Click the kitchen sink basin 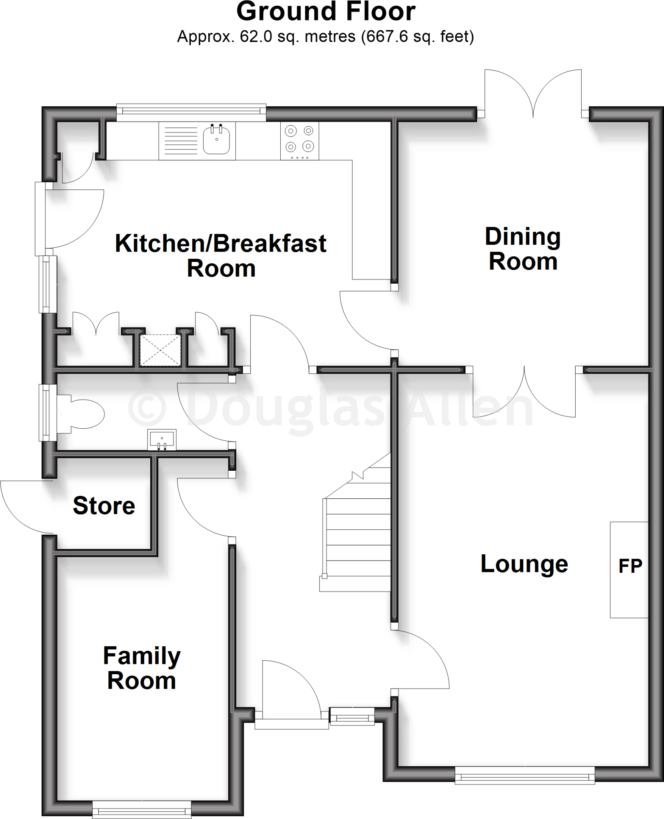pos(216,140)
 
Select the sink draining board pos(181,141)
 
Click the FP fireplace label pos(630,566)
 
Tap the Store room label pos(104,505)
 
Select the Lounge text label pos(524,564)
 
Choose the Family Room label pos(142,668)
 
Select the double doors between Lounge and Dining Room pos(524,392)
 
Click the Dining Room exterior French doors pos(533,94)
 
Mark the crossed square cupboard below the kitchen pos(160,350)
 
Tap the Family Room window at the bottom pos(142,810)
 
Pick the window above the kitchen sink pos(191,113)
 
